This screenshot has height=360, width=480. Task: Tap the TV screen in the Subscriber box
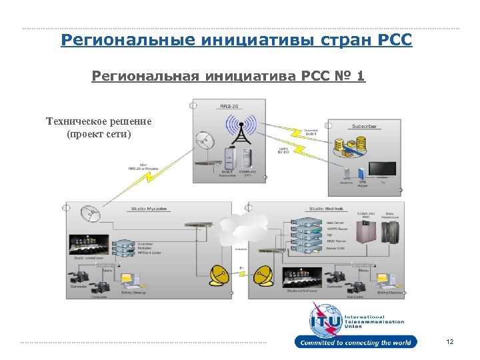click(383, 168)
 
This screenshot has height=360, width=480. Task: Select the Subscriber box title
click(364, 126)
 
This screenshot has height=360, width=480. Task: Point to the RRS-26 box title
click(229, 105)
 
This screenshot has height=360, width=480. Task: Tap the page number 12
click(450, 342)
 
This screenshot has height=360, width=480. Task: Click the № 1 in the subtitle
click(351, 76)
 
